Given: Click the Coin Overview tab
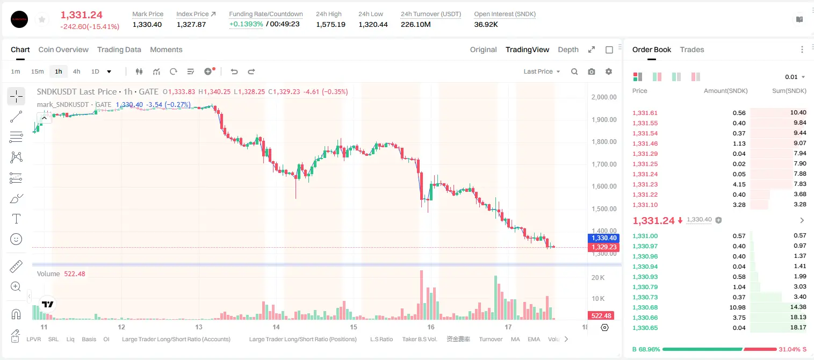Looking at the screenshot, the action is (63, 49).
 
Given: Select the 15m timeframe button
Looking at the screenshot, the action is (37, 71).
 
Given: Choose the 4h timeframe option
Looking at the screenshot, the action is (76, 71).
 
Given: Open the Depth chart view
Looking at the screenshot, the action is (568, 49).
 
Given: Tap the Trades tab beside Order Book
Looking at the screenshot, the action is (692, 49).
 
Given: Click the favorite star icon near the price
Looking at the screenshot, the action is (42, 19).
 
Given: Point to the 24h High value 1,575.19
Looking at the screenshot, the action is (330, 24).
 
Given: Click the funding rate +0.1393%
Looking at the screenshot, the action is (246, 24).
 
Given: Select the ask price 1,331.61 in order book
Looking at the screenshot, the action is (645, 113).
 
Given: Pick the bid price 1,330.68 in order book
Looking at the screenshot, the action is (645, 307).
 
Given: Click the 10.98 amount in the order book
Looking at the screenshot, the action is (737, 307).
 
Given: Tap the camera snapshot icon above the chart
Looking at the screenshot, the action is (592, 71).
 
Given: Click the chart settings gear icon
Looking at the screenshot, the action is (609, 71).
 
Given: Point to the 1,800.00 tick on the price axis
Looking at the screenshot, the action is (604, 142).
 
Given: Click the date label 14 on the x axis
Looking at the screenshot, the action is (276, 327).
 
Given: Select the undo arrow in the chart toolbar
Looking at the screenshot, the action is (234, 71).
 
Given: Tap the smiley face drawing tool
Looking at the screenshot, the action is (16, 239).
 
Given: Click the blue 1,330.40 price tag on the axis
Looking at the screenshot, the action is (603, 238).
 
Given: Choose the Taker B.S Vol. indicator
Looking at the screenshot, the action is (419, 339).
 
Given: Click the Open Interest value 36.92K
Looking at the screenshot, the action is (486, 24).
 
